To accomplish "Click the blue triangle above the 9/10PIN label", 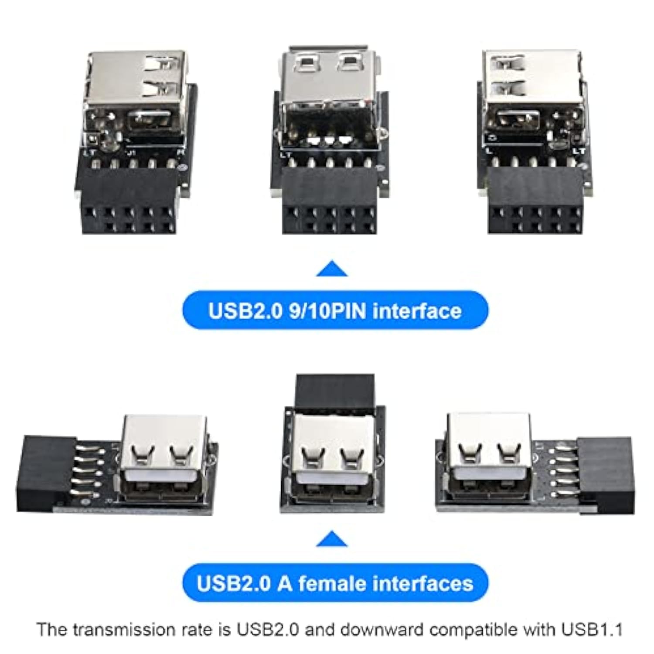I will coord(332,269).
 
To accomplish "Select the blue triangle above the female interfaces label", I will coord(332,539).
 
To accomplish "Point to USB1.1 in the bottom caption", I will coord(598,630).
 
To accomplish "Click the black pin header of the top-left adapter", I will coord(129,201).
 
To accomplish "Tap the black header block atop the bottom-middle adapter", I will coord(334,390).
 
